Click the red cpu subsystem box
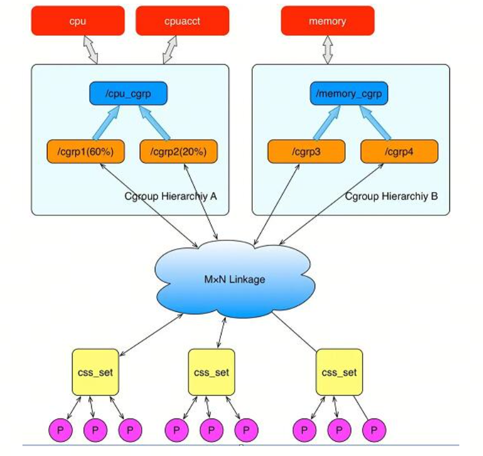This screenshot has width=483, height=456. coord(78,21)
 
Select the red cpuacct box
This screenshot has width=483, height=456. coord(182,21)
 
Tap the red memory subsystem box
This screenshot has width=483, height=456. coord(328,21)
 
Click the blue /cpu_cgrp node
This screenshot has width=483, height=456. coord(129,94)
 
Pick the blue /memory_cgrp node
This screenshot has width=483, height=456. coord(349,94)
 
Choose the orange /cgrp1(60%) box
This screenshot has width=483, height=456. coord(85,152)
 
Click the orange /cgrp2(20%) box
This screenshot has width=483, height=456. coord(178,152)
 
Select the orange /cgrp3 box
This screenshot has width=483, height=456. coord(306,152)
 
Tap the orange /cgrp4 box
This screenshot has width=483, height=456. coord(399,152)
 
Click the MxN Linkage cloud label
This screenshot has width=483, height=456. coord(235,279)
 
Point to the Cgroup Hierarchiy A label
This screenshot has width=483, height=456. coord(170,196)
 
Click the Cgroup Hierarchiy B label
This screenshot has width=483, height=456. coord(391,196)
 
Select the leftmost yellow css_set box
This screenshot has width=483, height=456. coord(95,372)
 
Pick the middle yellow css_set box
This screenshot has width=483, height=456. coord(212,372)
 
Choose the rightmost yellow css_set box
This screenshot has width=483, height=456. coord(339,372)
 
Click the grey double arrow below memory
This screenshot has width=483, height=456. coord(328,50)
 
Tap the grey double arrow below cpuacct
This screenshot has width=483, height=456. coord(170,50)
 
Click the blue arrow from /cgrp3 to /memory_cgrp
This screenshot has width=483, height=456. coord(326,122)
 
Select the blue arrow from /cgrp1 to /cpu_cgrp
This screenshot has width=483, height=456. coord(106,122)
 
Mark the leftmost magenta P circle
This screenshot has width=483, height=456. coord(61,430)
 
